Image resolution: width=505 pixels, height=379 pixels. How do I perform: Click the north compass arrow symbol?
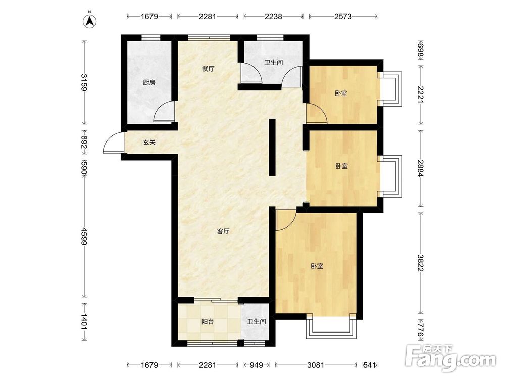tap(90, 20)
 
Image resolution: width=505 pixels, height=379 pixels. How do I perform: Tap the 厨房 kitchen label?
tap(149, 83)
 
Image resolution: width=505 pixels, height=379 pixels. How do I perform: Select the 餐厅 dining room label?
tap(208, 69)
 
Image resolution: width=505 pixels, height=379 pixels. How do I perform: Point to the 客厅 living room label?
tap(223, 231)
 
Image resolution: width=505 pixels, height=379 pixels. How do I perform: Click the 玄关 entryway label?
tap(149, 142)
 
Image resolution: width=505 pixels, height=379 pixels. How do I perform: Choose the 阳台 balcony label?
tap(208, 321)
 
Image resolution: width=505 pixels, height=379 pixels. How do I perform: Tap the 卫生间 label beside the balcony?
tap(257, 321)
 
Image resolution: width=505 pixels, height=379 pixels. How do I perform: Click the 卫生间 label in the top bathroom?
tap(273, 63)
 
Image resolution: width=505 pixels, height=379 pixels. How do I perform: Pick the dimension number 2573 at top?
tap(343, 16)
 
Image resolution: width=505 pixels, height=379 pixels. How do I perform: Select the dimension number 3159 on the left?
tap(84, 83)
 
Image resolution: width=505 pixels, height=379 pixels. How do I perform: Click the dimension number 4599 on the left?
tap(84, 236)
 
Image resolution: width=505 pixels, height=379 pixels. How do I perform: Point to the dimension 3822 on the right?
tap(421, 263)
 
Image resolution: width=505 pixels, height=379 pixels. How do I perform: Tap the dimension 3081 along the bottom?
tap(316, 365)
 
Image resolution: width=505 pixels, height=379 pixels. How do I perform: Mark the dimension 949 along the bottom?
tap(257, 365)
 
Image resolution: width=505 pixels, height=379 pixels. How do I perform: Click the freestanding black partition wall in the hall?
tap(272, 147)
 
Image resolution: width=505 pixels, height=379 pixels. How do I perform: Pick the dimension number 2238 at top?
tap(273, 16)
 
